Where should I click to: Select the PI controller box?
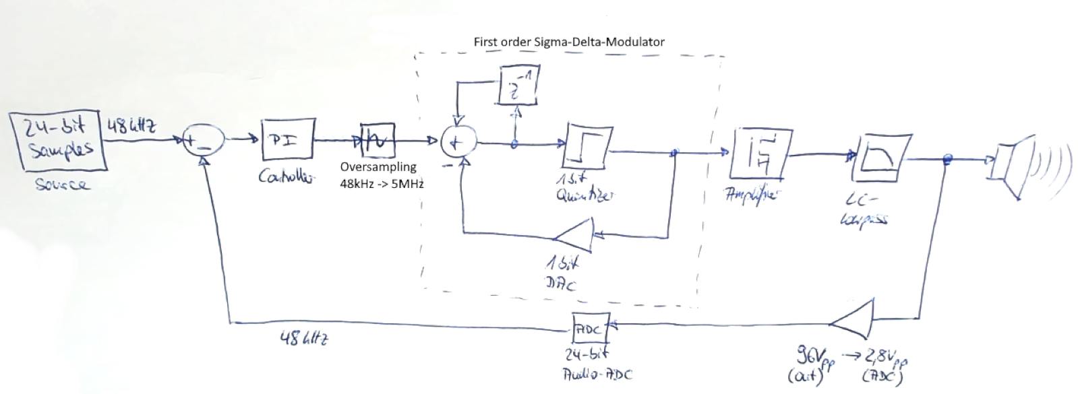[288, 140]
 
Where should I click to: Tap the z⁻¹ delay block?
[518, 86]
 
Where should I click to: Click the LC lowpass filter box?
[880, 158]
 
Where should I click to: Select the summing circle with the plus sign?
[458, 143]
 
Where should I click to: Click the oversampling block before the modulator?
[377, 140]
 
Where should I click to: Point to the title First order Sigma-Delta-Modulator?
[568, 42]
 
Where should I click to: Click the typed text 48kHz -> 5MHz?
[382, 182]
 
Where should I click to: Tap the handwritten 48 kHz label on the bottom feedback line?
[305, 339]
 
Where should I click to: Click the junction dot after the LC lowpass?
[947, 159]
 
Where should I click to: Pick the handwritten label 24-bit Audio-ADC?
[597, 363]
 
